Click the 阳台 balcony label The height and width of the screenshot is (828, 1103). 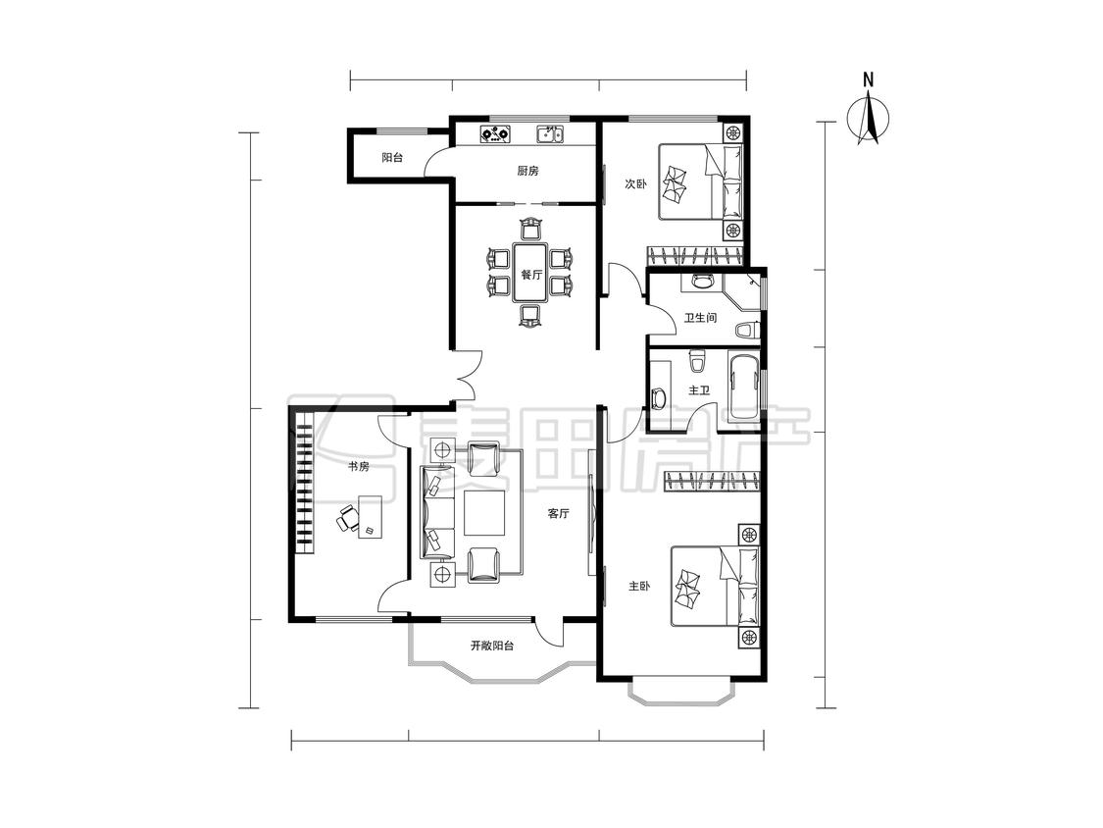[392, 158]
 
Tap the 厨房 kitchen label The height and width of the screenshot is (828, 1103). [527, 171]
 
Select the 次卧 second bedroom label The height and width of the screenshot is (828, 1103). [636, 183]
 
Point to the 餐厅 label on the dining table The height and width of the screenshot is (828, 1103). [531, 275]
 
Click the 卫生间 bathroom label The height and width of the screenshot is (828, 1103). [701, 318]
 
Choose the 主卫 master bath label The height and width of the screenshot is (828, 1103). [699, 390]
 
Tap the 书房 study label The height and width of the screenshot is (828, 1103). [358, 466]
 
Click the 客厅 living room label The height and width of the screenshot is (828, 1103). [559, 513]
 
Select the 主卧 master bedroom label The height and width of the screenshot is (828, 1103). [638, 586]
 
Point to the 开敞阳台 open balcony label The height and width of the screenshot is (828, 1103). [492, 645]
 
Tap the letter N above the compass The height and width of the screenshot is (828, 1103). [869, 78]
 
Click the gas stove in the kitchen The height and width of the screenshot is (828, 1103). [495, 133]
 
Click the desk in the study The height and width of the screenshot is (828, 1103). [371, 516]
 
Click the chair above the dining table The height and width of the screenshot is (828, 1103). [531, 229]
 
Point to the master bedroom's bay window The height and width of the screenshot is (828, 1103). [681, 695]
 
